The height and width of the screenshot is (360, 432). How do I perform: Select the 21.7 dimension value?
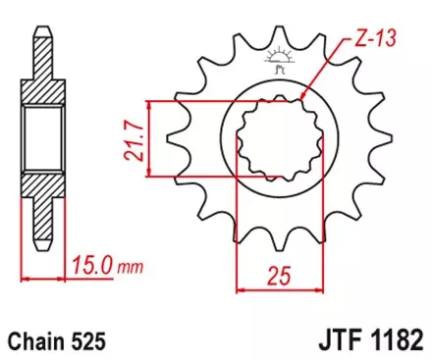132,138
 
